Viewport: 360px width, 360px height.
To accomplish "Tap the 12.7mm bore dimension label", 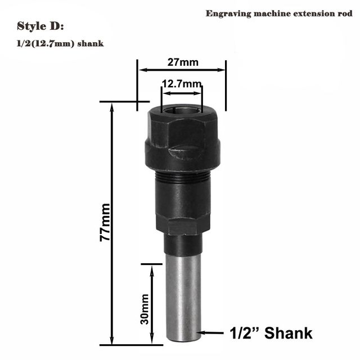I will tap(182, 84).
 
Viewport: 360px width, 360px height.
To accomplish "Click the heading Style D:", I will tap(40, 26).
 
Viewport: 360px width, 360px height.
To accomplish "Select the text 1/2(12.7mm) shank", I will tap(60, 43).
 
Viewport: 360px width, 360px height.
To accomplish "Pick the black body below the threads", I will tap(181, 202).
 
